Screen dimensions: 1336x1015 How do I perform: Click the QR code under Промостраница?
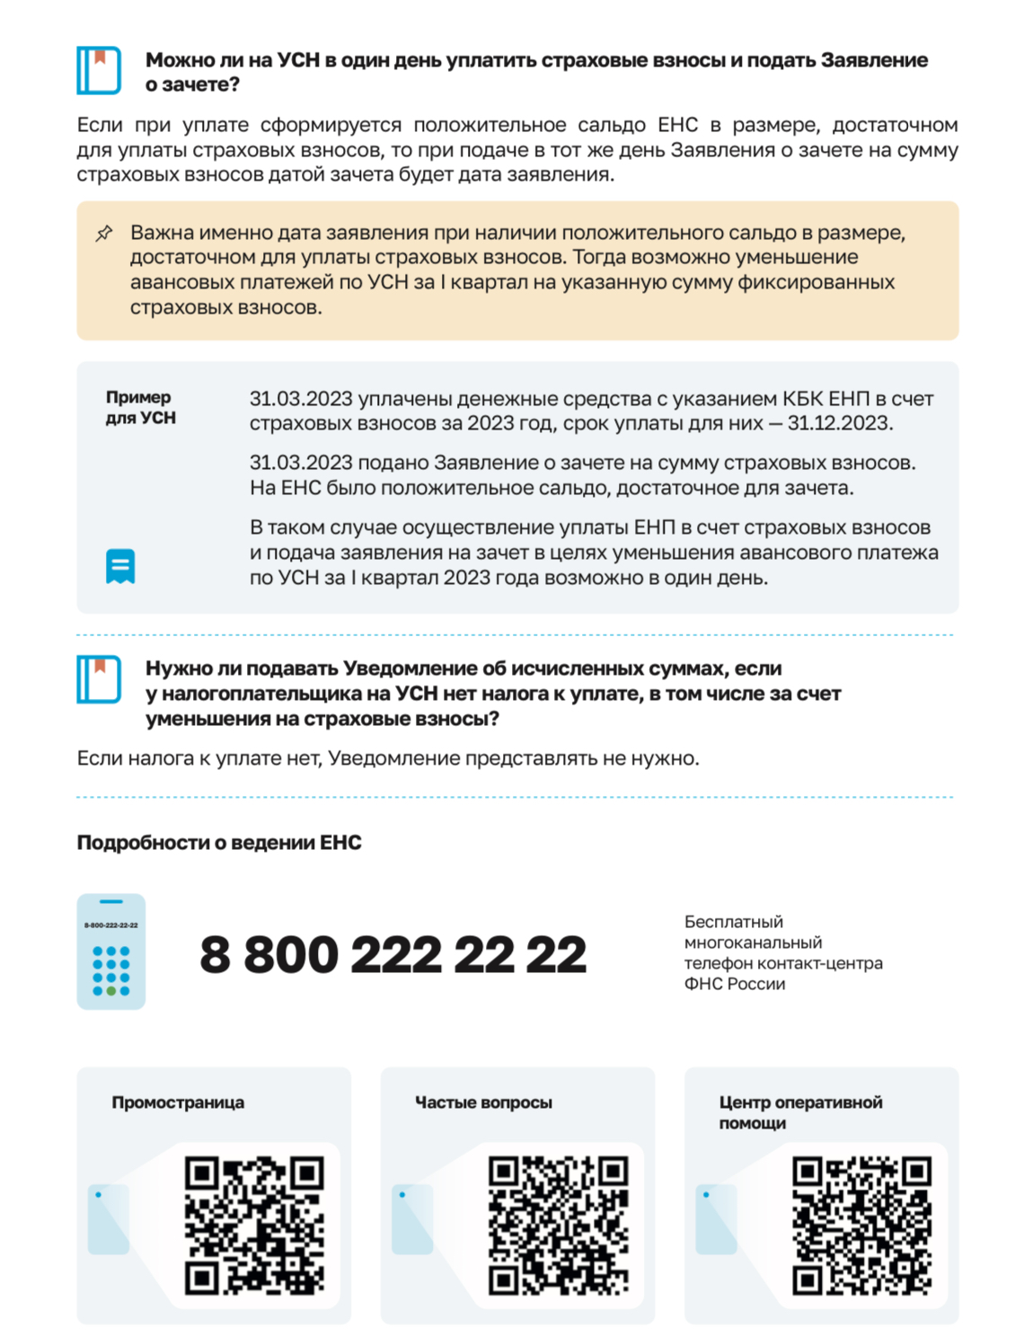click(254, 1225)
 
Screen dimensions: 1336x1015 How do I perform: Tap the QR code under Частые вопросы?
click(558, 1225)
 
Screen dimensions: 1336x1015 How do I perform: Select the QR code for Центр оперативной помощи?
click(861, 1225)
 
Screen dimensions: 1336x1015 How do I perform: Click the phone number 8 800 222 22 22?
click(393, 954)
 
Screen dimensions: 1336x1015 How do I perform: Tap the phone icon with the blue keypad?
click(111, 951)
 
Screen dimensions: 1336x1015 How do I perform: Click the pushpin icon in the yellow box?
click(104, 234)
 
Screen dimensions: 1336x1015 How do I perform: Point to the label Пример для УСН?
click(140, 407)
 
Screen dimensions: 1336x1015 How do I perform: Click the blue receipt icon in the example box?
click(120, 566)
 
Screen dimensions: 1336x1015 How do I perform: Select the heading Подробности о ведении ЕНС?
click(219, 843)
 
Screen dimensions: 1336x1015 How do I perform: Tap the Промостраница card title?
click(178, 1102)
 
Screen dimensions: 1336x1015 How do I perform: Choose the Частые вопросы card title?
click(483, 1102)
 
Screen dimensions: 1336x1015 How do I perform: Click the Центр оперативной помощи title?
click(800, 1112)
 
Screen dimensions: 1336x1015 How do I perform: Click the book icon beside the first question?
click(99, 70)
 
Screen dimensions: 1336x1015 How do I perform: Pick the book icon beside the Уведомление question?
click(99, 679)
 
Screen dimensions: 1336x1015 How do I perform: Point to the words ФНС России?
click(735, 984)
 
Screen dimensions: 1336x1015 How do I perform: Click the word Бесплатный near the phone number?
click(734, 922)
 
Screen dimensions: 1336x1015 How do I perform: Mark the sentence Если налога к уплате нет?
click(387, 758)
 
